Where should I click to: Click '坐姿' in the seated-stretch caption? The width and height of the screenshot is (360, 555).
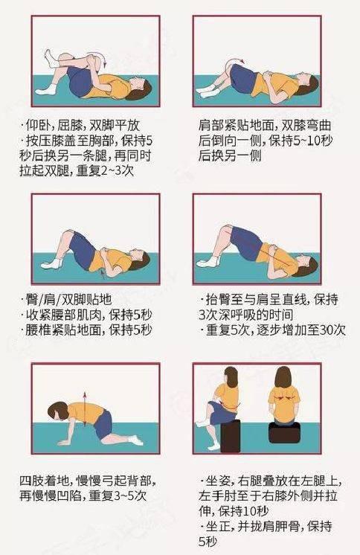pyautogui.click(x=218, y=481)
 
